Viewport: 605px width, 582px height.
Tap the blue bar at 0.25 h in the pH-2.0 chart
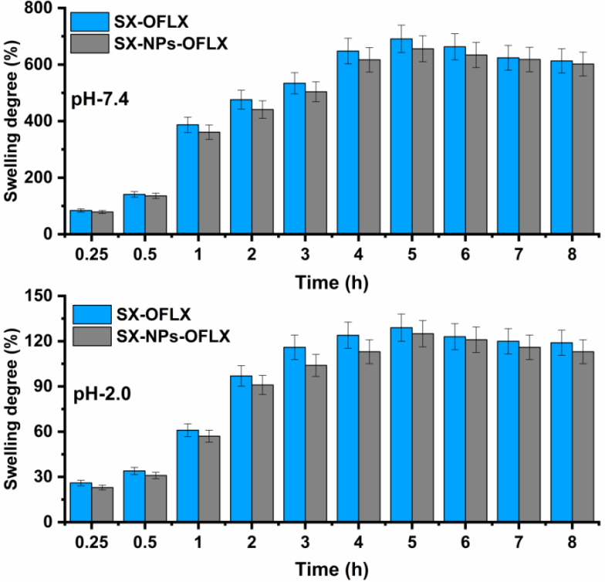pyautogui.click(x=81, y=502)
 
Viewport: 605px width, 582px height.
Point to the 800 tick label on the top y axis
pyautogui.click(x=43, y=8)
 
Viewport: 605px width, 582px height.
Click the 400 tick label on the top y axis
pyautogui.click(x=43, y=121)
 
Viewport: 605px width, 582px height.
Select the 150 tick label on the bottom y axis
pyautogui.click(x=43, y=296)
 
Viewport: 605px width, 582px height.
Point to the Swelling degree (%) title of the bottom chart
pyautogui.click(x=13, y=409)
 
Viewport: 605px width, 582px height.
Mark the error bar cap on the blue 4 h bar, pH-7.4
pyautogui.click(x=348, y=39)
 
